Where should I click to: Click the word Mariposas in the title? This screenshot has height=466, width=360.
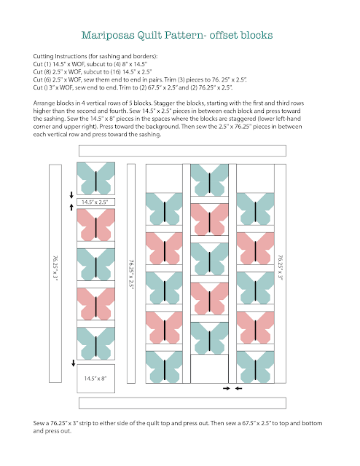pyautogui.click(x=108, y=36)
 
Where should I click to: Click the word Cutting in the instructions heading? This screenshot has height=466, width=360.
pyautogui.click(x=43, y=57)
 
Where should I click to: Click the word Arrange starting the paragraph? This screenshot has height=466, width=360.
pyautogui.click(x=44, y=103)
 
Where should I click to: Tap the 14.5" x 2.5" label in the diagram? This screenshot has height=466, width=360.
pyautogui.click(x=95, y=202)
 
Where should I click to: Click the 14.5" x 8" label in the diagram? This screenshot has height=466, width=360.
pyautogui.click(x=95, y=379)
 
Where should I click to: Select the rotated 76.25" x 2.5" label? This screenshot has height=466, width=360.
pyautogui.click(x=131, y=274)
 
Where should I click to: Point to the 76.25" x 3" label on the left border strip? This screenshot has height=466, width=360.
pyautogui.click(x=55, y=268)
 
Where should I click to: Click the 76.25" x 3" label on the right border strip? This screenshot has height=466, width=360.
pyautogui.click(x=281, y=267)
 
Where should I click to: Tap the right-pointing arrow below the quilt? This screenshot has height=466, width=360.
pyautogui.click(x=227, y=388)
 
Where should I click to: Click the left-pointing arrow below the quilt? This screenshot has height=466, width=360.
pyautogui.click(x=238, y=388)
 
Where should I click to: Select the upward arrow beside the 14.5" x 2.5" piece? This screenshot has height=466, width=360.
pyautogui.click(x=71, y=207)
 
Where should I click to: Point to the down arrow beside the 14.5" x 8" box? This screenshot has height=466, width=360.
pyautogui.click(x=73, y=363)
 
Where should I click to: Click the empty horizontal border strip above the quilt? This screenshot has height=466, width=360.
pyautogui.click(x=182, y=151)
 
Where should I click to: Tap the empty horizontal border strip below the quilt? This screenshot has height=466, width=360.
pyautogui.click(x=182, y=403)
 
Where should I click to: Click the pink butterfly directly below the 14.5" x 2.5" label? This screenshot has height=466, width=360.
pyautogui.click(x=95, y=225)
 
